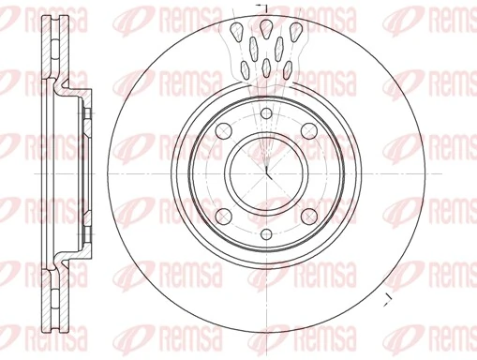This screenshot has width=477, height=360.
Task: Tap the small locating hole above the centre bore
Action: click(x=266, y=114)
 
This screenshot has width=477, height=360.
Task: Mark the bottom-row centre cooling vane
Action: click(x=267, y=67)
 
